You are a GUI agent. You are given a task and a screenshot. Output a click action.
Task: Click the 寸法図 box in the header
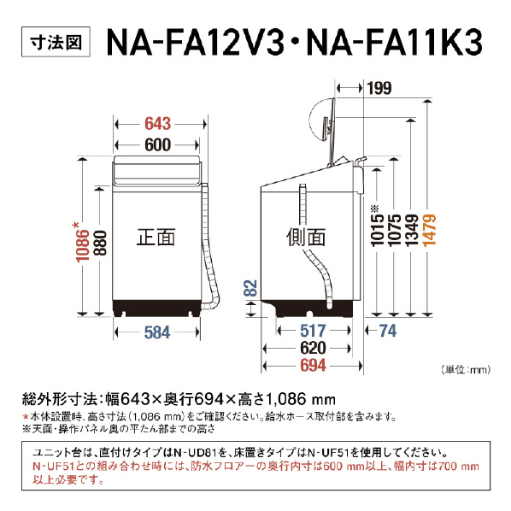point(56,42)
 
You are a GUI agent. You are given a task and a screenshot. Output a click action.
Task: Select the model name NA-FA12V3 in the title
point(196,43)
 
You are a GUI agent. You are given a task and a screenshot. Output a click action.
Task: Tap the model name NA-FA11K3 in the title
point(394,43)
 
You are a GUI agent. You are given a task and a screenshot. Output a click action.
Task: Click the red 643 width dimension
point(158,124)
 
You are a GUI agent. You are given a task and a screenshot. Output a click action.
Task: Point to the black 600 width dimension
point(158,144)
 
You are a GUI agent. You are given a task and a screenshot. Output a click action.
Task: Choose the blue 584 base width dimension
point(157,332)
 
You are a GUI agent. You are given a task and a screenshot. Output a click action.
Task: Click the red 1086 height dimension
point(82,243)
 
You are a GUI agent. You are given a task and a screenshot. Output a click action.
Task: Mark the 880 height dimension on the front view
point(100,244)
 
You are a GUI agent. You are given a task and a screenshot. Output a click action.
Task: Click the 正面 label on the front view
point(156,237)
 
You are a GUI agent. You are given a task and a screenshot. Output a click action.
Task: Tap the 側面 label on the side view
point(306,237)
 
